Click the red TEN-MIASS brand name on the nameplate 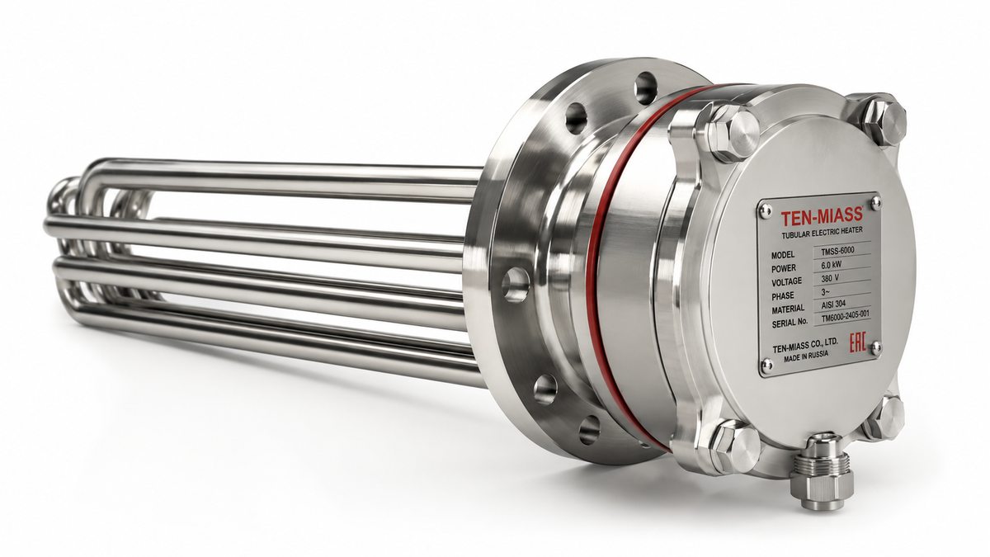[x=822, y=216]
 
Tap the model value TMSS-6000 [x=837, y=251]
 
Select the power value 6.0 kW [x=832, y=265]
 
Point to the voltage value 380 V [x=830, y=279]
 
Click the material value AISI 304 [x=833, y=304]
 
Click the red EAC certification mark [x=858, y=344]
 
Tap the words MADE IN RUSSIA [x=806, y=356]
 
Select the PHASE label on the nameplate [x=783, y=295]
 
